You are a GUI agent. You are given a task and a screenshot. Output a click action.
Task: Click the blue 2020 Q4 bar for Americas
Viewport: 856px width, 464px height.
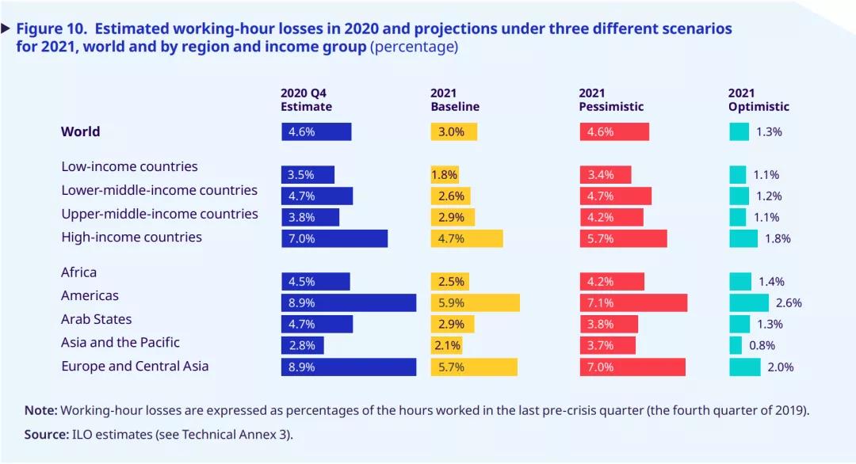coord(349,302)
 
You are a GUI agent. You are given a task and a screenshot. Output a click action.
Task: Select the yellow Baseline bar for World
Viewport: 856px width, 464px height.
coord(454,132)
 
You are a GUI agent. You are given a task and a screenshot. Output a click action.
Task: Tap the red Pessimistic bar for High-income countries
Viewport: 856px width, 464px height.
coord(623,238)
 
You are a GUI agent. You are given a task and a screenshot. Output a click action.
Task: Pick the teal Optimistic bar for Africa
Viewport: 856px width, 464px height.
coord(740,281)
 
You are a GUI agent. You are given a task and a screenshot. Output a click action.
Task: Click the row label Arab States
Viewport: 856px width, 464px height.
coord(97,319)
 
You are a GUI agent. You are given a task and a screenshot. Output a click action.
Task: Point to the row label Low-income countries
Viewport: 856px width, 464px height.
coord(129,167)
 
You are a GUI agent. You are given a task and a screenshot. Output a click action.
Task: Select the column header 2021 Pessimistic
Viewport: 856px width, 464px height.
coord(611,100)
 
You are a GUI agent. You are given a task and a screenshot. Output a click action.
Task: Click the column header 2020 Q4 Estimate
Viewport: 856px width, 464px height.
coord(306,100)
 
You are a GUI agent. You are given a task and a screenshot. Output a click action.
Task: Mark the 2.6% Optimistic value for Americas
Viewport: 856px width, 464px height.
coord(789,302)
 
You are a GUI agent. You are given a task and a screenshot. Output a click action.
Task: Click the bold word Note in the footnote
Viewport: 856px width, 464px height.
coord(40,410)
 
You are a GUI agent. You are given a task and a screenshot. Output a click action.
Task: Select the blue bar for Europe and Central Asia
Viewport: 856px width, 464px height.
coord(349,367)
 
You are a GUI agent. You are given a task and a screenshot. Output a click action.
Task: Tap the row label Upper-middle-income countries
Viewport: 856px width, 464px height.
coord(159,214)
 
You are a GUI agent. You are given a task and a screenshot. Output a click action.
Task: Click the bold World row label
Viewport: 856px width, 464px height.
coord(81,131)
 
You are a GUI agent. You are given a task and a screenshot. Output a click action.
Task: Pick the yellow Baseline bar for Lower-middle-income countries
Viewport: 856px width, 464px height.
coord(451,196)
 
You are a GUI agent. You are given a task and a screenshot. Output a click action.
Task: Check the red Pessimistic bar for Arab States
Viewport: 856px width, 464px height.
coord(609,324)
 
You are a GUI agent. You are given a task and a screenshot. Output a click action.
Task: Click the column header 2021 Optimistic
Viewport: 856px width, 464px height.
coord(759,100)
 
